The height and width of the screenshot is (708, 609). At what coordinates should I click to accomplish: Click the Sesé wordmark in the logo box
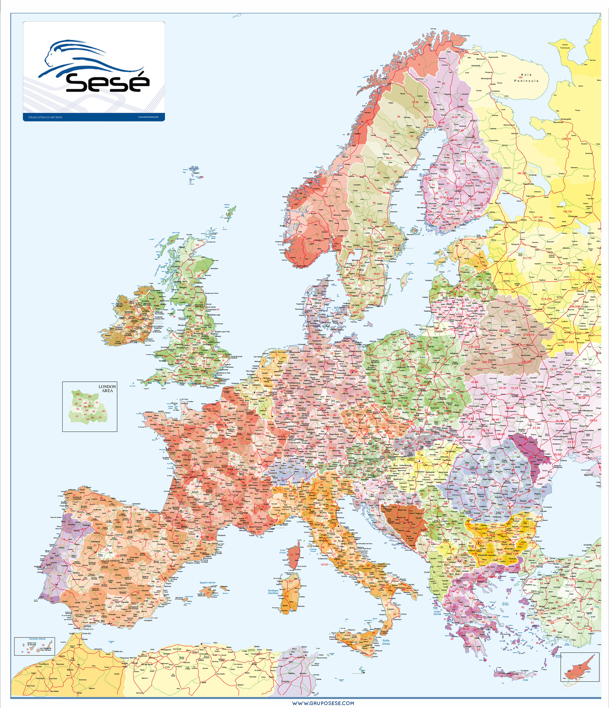[x=107, y=83]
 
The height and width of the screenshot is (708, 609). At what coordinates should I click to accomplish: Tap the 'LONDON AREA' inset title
[x=107, y=389]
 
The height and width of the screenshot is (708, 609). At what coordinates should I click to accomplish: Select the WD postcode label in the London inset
[x=78, y=394]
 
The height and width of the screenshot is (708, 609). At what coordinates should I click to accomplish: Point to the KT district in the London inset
[x=77, y=416]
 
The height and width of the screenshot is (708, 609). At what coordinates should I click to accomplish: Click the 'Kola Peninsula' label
[x=526, y=78]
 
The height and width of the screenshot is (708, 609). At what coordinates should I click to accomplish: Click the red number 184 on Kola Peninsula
[x=520, y=78]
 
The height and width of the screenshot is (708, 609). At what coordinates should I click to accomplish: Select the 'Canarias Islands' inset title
[x=37, y=639]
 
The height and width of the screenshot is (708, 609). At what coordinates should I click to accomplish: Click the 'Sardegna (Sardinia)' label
[x=273, y=591]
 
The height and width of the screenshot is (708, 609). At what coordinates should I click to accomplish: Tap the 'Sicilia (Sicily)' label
[x=386, y=642]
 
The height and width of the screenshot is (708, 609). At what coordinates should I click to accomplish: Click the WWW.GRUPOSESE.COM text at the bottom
[x=323, y=703]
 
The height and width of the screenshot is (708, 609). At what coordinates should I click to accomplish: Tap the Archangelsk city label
[x=565, y=119]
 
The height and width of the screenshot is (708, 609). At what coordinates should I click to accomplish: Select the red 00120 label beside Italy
[x=324, y=565]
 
